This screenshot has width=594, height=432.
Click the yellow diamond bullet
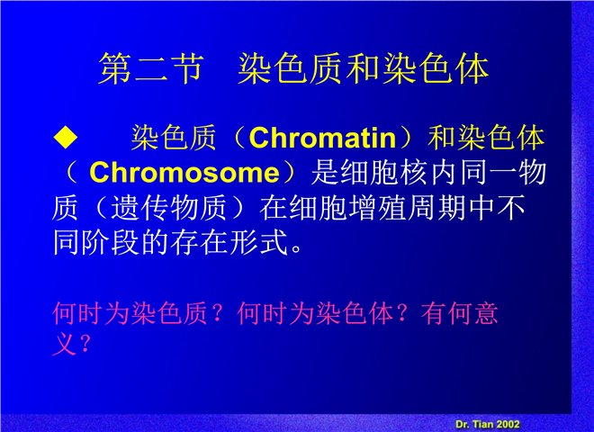66,137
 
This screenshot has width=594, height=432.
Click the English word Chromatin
323,138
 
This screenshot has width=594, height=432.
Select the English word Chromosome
184,173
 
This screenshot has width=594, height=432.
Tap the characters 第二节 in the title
151,68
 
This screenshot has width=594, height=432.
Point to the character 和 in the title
364,68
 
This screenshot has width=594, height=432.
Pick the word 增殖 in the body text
378,208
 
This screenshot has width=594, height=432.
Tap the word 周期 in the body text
436,208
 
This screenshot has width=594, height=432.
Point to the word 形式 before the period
258,242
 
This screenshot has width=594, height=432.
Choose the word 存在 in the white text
199,242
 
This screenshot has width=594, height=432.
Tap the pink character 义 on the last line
65,344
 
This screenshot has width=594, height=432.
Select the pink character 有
434,313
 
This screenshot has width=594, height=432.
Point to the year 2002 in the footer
508,424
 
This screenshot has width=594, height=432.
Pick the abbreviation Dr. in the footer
463,424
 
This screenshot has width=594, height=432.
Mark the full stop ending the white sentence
296,249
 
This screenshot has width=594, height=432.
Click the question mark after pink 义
85,344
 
